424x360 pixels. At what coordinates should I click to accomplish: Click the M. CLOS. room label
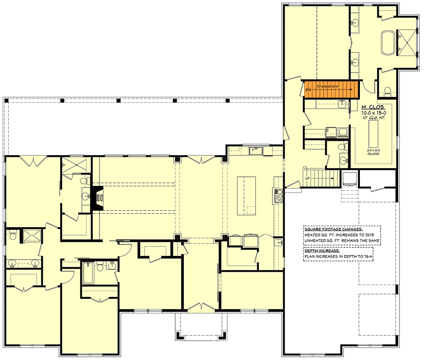tap(373, 108)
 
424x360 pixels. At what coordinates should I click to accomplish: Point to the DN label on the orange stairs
tap(308, 89)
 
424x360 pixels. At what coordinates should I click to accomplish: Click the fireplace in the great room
tap(98, 197)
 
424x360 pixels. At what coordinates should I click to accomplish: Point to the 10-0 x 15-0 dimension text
tap(373, 114)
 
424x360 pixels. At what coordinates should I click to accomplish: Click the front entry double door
tap(201, 306)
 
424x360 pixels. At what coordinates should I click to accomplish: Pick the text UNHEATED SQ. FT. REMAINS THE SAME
tap(342, 240)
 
